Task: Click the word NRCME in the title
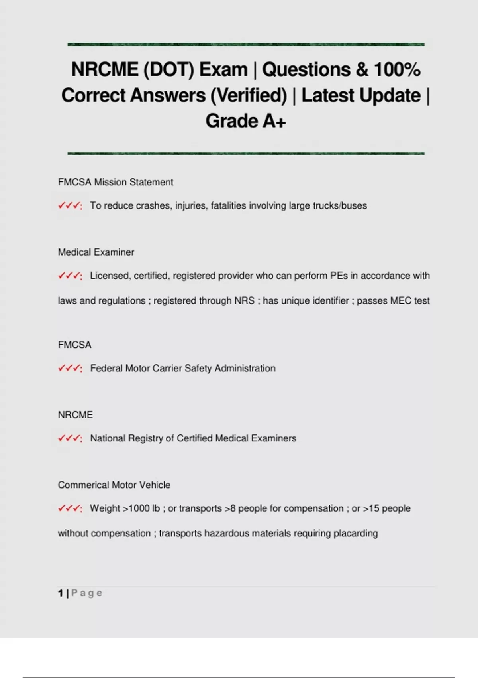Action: (x=104, y=69)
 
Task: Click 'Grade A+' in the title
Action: (x=246, y=121)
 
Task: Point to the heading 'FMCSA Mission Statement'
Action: (x=116, y=182)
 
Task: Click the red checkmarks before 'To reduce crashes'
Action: (x=69, y=206)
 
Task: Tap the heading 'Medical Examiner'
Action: (x=96, y=252)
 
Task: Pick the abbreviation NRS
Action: (x=244, y=301)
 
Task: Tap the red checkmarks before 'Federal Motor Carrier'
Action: (x=69, y=369)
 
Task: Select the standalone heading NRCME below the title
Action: (x=75, y=415)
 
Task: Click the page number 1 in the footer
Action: (x=61, y=593)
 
